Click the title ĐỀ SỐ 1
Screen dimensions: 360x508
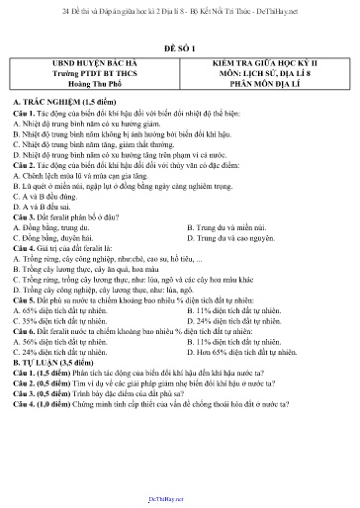click(179, 46)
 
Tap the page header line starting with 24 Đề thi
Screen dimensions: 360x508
click(179, 7)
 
